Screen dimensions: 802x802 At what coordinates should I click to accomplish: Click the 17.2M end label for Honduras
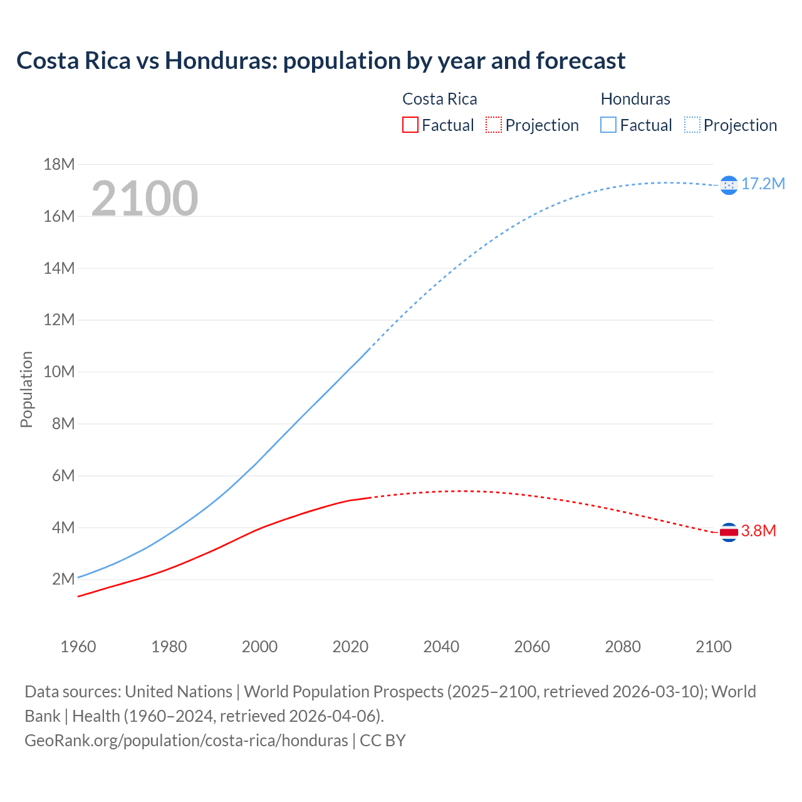[763, 184]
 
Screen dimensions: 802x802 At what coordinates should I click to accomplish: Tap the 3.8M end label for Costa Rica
[758, 531]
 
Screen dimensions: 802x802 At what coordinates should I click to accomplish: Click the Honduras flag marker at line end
[729, 185]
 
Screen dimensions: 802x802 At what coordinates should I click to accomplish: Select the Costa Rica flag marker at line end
[729, 532]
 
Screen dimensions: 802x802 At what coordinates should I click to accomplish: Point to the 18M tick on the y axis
[59, 165]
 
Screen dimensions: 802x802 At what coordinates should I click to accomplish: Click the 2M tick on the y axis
[63, 579]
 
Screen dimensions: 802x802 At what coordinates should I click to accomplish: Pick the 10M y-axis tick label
[59, 372]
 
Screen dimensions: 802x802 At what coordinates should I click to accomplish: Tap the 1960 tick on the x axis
[78, 647]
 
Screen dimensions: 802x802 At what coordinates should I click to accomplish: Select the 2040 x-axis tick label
[441, 647]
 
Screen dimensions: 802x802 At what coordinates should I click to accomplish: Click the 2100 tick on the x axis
[713, 647]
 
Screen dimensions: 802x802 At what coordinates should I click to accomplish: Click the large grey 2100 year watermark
[145, 199]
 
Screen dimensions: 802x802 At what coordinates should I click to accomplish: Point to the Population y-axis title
[26, 389]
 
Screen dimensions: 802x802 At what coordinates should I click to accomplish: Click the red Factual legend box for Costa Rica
[410, 125]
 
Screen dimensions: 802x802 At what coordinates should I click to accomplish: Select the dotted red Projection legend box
[494, 125]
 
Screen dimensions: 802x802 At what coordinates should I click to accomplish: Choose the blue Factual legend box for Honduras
[608, 125]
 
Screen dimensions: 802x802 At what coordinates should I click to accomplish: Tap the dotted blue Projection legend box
[692, 125]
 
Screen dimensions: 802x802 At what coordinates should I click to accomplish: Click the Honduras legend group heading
[635, 99]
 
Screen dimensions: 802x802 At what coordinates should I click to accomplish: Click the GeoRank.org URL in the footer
[186, 741]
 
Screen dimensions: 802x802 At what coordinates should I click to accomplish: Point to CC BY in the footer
[383, 741]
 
